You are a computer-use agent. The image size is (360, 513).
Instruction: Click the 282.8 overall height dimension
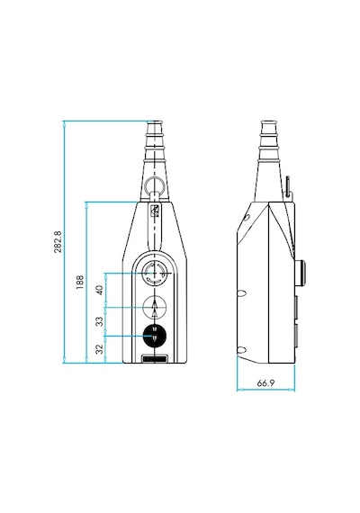[58, 242]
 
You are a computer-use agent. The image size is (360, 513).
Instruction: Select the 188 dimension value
[79, 282]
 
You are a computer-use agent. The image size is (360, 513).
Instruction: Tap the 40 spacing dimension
[100, 290]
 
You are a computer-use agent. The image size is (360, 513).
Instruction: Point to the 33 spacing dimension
[100, 321]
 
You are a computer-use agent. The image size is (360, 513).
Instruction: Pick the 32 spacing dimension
[100, 349]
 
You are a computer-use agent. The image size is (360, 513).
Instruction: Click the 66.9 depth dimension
[265, 383]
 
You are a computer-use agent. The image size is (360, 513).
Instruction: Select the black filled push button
[155, 336]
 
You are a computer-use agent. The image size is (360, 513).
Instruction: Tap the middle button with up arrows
[155, 307]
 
